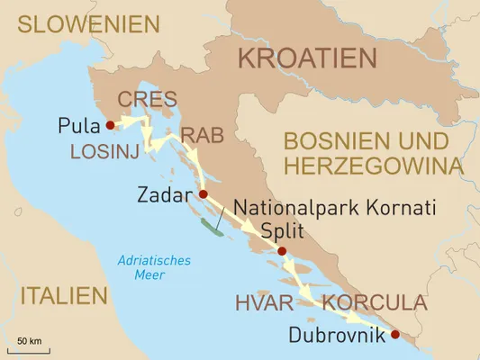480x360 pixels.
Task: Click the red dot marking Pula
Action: (110, 125)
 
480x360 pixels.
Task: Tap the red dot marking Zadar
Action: (203, 193)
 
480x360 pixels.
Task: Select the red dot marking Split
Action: (282, 251)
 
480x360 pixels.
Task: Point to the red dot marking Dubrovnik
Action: (395, 335)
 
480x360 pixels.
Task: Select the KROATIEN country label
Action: (306, 59)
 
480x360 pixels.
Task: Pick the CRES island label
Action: (148, 99)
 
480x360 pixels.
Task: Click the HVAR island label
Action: (263, 301)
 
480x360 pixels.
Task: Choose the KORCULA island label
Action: (374, 301)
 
